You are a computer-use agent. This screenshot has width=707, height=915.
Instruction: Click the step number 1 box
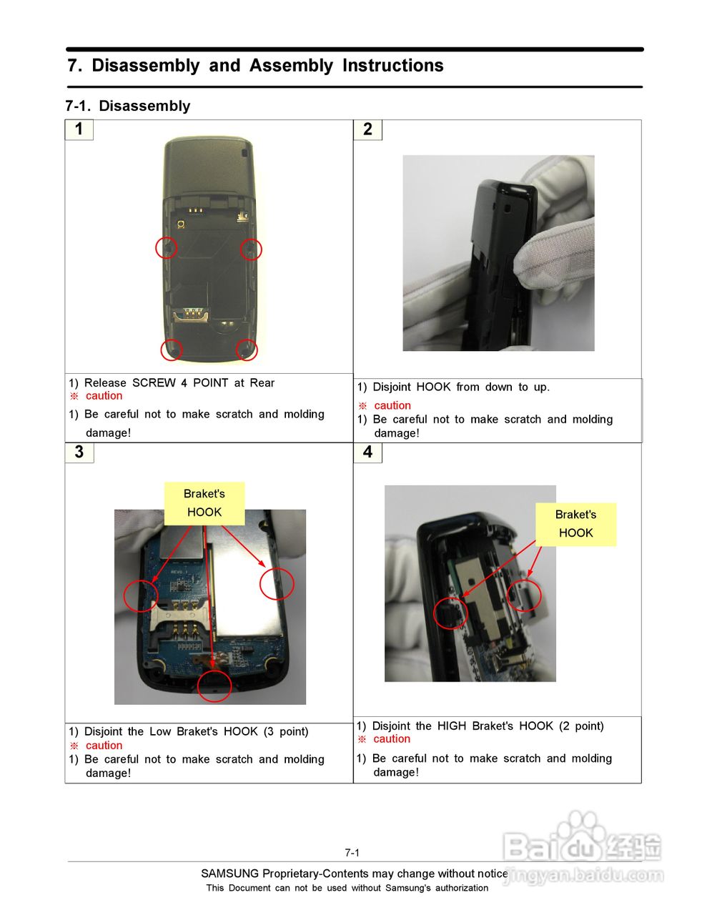pyautogui.click(x=79, y=129)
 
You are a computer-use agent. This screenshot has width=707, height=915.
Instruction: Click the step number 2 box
pyautogui.click(x=367, y=129)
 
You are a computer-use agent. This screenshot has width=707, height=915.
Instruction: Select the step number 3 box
pyautogui.click(x=79, y=452)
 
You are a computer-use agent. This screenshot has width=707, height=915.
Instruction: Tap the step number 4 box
pyautogui.click(x=367, y=452)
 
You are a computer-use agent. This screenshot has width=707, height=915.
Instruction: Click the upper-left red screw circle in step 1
pyautogui.click(x=167, y=248)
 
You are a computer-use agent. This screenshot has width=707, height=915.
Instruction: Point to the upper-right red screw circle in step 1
pyautogui.click(x=251, y=249)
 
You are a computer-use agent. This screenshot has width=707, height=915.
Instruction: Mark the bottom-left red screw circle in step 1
pyautogui.click(x=172, y=350)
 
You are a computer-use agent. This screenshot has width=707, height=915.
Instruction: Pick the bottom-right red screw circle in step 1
pyautogui.click(x=247, y=350)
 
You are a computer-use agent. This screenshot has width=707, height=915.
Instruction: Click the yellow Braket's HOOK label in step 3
pyautogui.click(x=204, y=503)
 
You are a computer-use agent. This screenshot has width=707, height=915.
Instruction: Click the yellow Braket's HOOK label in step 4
pyautogui.click(x=575, y=524)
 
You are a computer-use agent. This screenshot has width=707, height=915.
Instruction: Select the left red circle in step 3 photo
pyautogui.click(x=141, y=595)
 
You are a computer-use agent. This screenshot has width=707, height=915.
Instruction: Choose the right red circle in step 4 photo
pyautogui.click(x=524, y=595)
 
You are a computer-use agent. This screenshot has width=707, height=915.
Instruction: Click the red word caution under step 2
pyautogui.click(x=392, y=405)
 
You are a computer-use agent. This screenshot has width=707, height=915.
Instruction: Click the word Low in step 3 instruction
pyautogui.click(x=160, y=732)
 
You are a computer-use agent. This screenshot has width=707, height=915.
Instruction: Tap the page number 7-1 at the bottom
pyautogui.click(x=352, y=853)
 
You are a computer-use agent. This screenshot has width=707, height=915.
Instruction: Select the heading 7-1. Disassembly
pyautogui.click(x=128, y=106)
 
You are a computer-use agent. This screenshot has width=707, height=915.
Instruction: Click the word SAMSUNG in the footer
pyautogui.click(x=229, y=874)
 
